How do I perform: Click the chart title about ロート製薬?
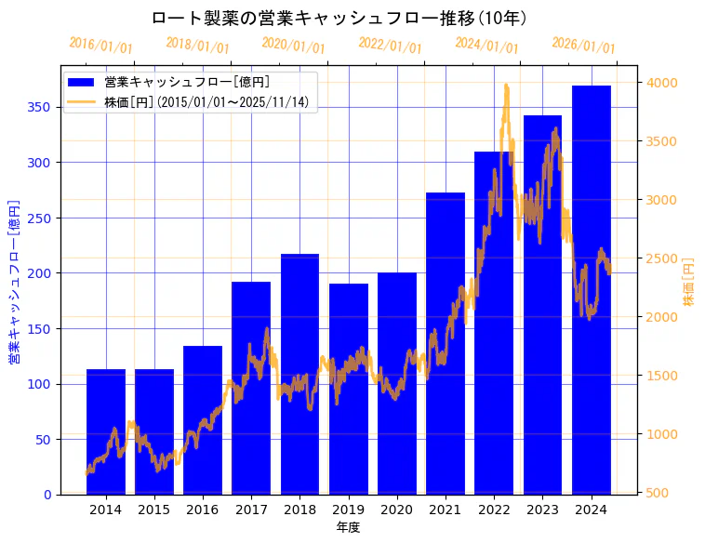click(x=339, y=19)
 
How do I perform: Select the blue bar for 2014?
click(x=106, y=431)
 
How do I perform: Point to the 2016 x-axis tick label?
click(x=203, y=509)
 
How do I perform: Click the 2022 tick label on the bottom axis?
click(x=494, y=509)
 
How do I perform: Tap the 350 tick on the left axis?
click(x=39, y=107)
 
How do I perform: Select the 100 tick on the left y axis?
click(x=39, y=384)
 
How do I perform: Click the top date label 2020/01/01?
click(x=294, y=45)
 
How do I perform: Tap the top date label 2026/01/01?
click(x=583, y=46)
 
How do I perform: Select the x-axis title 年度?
click(x=349, y=527)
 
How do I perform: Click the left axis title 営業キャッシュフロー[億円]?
click(x=14, y=280)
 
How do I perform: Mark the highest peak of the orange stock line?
click(x=506, y=86)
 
